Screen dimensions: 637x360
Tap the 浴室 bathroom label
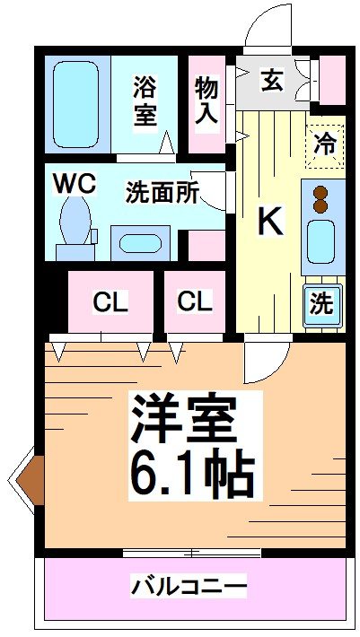[145, 101]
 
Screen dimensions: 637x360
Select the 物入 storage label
[206, 99]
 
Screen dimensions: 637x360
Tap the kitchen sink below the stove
[320, 240]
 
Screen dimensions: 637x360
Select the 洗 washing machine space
[321, 303]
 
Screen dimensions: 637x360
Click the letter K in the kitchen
[270, 221]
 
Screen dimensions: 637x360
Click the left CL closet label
[110, 302]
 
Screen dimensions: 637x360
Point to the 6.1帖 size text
[191, 472]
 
